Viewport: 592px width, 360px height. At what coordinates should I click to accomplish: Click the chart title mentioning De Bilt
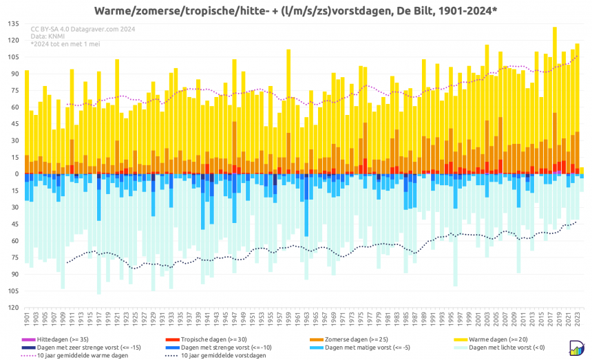[x=295, y=10]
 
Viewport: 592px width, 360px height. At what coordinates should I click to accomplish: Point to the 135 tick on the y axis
[x=14, y=23]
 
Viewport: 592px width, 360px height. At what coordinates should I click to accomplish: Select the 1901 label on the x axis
[x=27, y=319]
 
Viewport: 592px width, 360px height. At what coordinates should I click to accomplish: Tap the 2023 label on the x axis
[x=578, y=319]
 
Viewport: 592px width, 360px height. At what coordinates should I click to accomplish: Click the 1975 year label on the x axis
[x=360, y=319]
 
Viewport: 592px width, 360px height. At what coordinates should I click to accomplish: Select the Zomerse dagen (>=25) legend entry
[x=354, y=340]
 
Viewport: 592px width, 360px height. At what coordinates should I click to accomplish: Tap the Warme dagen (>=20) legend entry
[x=496, y=340]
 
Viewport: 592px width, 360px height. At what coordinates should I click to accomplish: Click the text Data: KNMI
[x=48, y=36]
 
